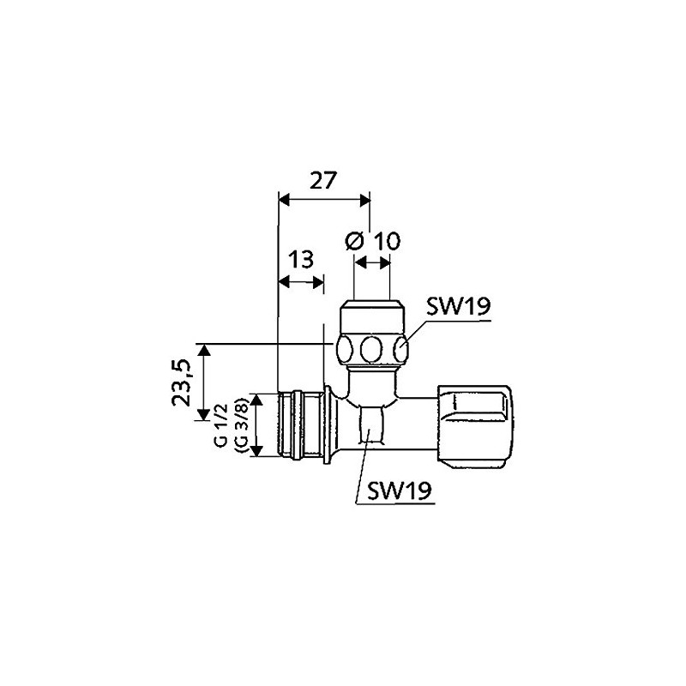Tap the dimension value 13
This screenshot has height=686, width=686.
point(301,260)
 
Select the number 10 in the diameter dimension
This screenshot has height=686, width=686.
point(387,242)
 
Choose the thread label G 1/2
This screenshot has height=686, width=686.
point(221,429)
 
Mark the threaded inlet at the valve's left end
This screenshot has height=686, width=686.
point(297,424)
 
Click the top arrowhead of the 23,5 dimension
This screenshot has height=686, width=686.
point(203,349)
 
